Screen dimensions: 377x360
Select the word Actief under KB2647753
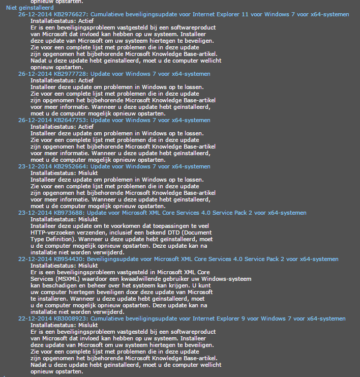(86, 127)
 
